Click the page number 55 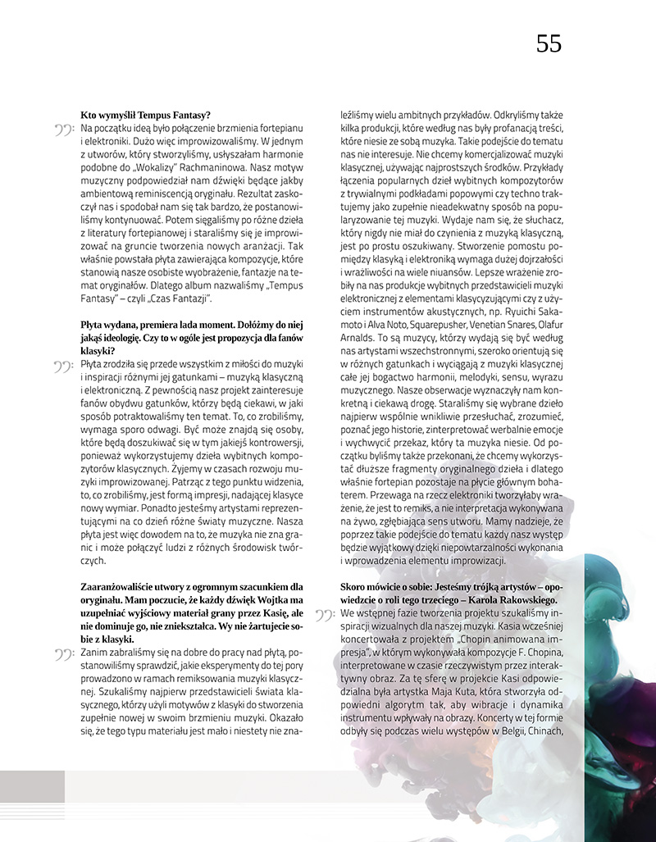pos(549,43)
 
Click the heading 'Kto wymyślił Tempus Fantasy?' pos(145,115)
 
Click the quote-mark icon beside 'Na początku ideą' pos(65,130)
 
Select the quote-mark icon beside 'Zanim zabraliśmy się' pos(65,653)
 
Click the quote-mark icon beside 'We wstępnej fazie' pos(326,613)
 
